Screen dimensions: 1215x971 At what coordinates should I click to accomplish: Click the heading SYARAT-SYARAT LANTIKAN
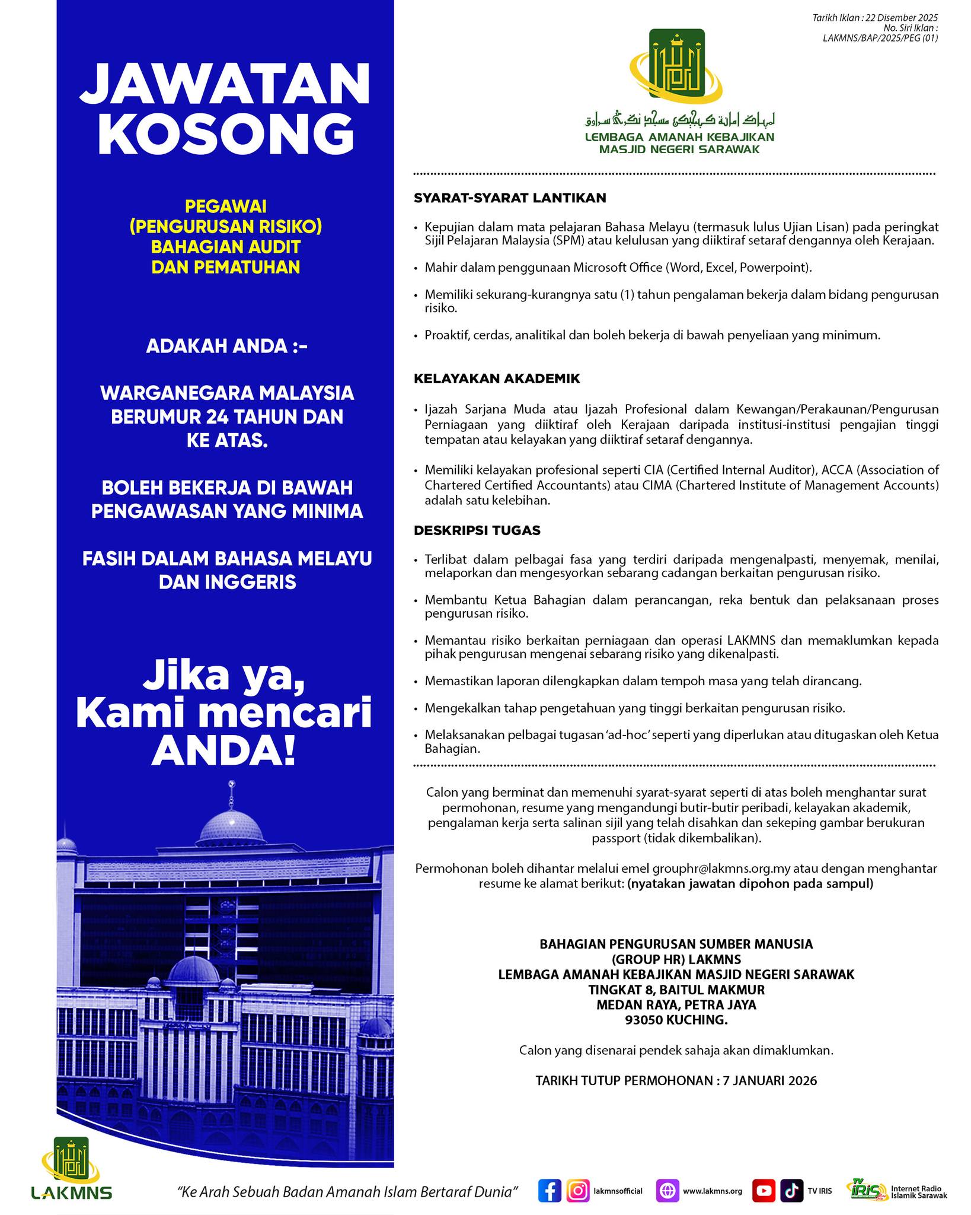(510, 198)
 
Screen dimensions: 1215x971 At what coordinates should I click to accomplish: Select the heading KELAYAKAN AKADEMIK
(497, 379)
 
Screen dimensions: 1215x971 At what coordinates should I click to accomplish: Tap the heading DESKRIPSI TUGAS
(477, 530)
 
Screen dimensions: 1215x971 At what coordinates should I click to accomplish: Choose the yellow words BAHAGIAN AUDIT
(225, 247)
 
